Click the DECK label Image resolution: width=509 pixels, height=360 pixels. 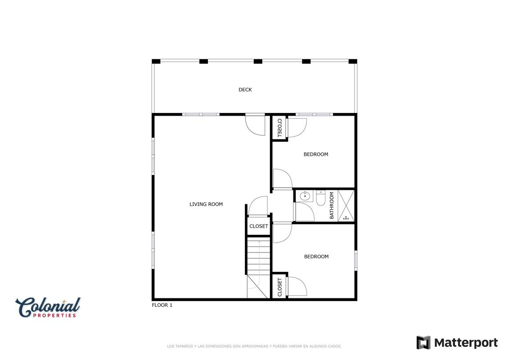click(x=245, y=90)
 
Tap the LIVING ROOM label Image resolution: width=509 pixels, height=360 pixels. click(x=206, y=204)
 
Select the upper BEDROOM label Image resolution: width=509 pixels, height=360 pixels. click(x=316, y=154)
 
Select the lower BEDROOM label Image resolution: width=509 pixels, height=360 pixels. click(x=316, y=256)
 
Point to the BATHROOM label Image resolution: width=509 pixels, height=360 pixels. click(x=331, y=206)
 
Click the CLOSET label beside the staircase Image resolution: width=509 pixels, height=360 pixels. click(x=259, y=226)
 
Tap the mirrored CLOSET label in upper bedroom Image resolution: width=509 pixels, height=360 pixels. click(x=279, y=128)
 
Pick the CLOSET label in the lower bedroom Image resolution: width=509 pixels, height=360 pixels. click(x=279, y=287)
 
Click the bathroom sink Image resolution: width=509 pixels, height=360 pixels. click(x=305, y=196)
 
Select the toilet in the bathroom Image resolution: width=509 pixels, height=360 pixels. click(x=321, y=198)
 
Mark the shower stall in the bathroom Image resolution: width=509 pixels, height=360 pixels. click(x=346, y=206)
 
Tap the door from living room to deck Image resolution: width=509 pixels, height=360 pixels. click(x=255, y=125)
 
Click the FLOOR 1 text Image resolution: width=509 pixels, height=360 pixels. click(x=162, y=305)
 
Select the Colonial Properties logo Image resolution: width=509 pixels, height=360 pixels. click(x=48, y=307)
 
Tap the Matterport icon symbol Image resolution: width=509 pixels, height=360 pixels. click(x=423, y=343)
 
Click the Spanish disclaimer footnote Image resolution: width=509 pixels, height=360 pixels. click(x=254, y=346)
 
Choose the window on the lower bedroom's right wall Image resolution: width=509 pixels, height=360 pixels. click(x=356, y=261)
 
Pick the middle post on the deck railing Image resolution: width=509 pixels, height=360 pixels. click(x=258, y=61)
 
